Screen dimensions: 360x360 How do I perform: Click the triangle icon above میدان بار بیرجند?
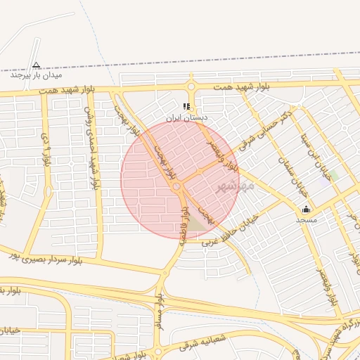(x=37, y=64)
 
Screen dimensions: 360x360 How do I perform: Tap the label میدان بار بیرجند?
(x=37, y=75)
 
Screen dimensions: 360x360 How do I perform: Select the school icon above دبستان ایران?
(x=186, y=107)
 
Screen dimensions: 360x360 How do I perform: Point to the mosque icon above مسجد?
(x=306, y=209)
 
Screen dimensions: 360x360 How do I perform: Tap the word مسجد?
(x=306, y=220)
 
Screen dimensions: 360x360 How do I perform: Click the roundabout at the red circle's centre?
(x=177, y=186)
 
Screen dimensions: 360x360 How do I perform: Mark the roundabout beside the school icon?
(x=191, y=86)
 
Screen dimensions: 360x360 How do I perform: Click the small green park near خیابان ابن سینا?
(x=333, y=174)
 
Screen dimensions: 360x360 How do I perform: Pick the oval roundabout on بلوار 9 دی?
(x=48, y=191)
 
